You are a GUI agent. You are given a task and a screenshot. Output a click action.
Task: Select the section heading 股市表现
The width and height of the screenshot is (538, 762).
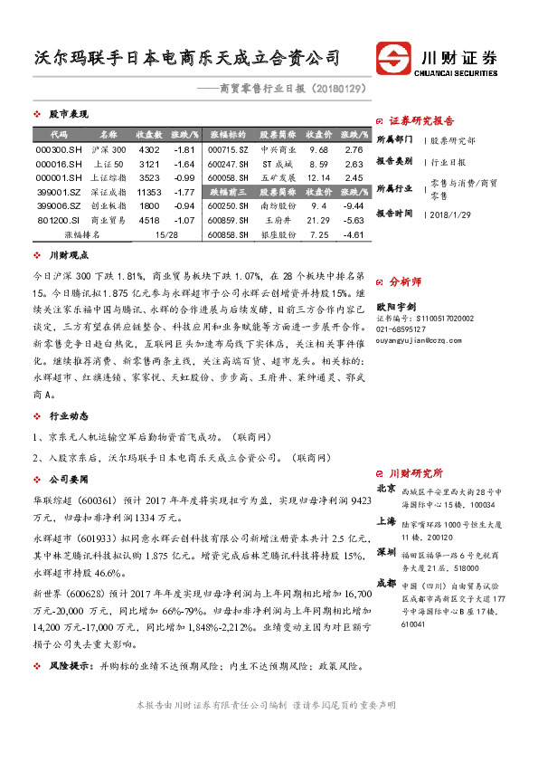(x=68, y=114)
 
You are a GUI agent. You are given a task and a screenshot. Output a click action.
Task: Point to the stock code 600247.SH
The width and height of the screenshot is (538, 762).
(x=227, y=164)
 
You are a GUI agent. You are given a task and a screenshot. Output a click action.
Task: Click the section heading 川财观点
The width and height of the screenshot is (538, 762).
(x=68, y=256)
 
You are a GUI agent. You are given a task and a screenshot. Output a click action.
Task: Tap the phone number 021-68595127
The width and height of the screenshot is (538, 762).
(x=403, y=329)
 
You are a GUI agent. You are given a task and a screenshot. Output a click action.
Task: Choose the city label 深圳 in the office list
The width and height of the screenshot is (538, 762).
(x=385, y=550)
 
